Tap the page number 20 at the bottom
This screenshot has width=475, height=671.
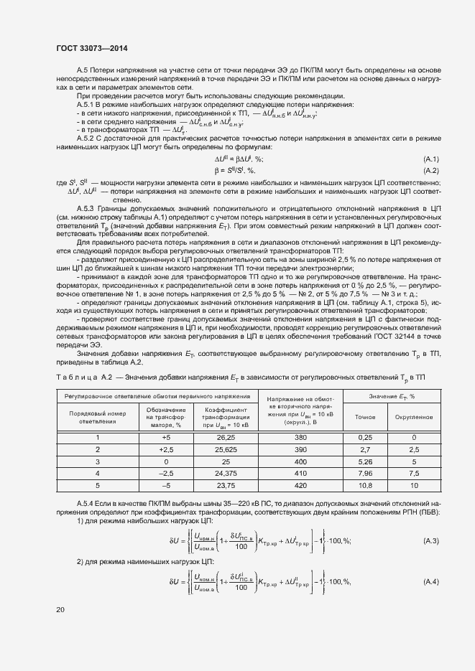tap(60, 610)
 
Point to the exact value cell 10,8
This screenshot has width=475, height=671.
tap(365, 484)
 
